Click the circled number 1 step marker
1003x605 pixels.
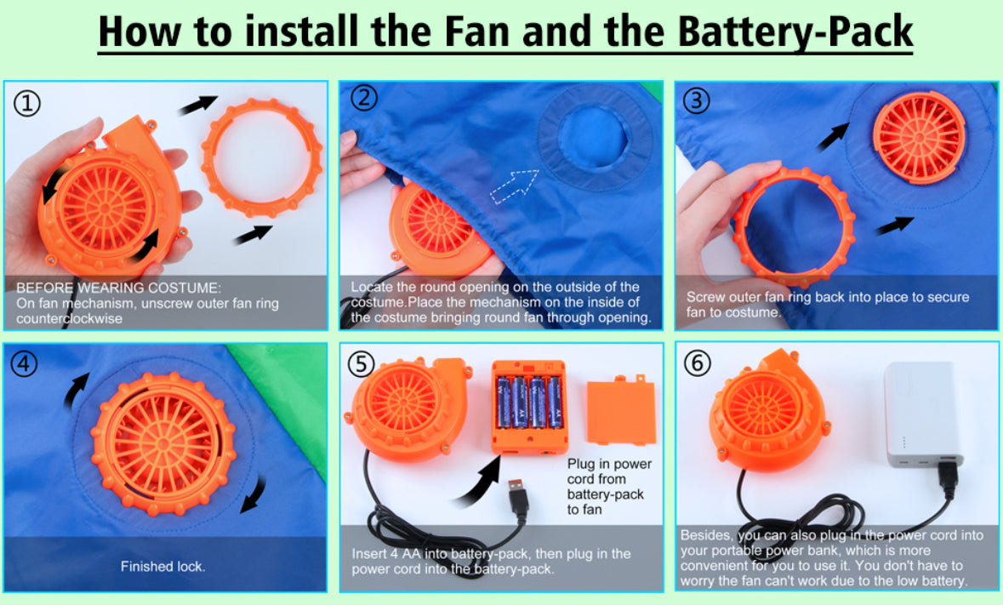coord(27,103)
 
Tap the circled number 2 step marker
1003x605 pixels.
coord(363,98)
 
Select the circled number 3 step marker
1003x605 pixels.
coord(697,100)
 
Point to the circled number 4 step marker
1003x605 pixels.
coord(25,364)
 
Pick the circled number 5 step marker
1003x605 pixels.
coord(361,364)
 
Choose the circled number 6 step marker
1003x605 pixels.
coord(698,362)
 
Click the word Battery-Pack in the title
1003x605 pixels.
coord(795,31)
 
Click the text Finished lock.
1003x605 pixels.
coord(163,566)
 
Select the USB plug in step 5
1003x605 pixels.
coord(518,499)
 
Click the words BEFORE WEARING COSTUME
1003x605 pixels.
coord(117,288)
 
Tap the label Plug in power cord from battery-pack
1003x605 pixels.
coord(609,487)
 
